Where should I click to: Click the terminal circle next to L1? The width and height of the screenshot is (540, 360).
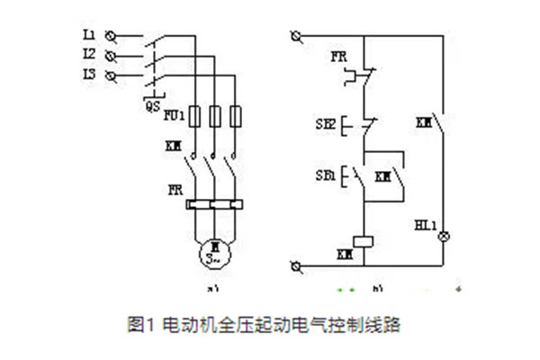click(x=111, y=36)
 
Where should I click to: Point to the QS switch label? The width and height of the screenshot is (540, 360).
click(x=153, y=105)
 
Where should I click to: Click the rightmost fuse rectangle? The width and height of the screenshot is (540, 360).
click(x=237, y=117)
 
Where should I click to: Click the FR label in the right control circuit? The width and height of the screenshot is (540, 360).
click(x=338, y=57)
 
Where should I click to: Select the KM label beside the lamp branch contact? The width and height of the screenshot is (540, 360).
click(x=424, y=120)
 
